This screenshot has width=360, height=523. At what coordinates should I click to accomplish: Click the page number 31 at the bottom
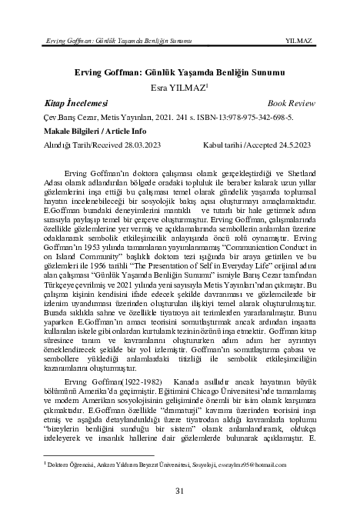(x=179, y=491)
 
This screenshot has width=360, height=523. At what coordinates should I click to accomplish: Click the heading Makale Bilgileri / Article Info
(x=92, y=132)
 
